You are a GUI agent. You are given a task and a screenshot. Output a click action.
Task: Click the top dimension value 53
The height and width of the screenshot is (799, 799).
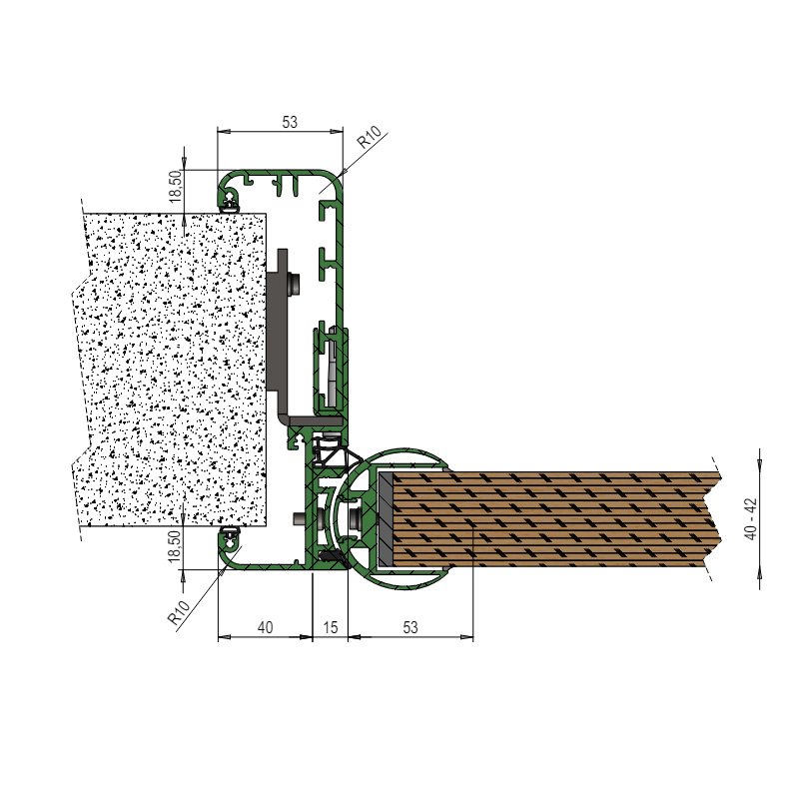(x=289, y=122)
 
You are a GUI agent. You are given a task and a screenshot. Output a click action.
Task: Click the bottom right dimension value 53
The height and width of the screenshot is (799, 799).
(x=410, y=627)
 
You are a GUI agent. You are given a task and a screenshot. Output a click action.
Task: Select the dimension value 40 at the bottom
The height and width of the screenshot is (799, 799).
(x=265, y=627)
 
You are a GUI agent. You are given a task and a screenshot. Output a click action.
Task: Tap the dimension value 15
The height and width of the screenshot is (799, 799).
(x=331, y=627)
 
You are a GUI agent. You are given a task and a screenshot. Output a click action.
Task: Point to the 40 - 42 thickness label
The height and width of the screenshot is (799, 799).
(x=751, y=518)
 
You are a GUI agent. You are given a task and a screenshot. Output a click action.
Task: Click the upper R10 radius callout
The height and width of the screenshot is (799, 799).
(x=369, y=137)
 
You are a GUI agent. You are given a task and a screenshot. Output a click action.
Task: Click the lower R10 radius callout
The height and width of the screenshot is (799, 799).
(x=179, y=612)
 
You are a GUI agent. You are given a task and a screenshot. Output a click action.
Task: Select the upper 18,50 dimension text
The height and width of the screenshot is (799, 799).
(x=176, y=186)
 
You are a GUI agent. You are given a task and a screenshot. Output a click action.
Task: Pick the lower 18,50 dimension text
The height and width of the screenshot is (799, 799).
(x=176, y=546)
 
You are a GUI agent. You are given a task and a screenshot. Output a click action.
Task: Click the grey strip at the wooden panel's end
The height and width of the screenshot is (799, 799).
(x=385, y=518)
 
